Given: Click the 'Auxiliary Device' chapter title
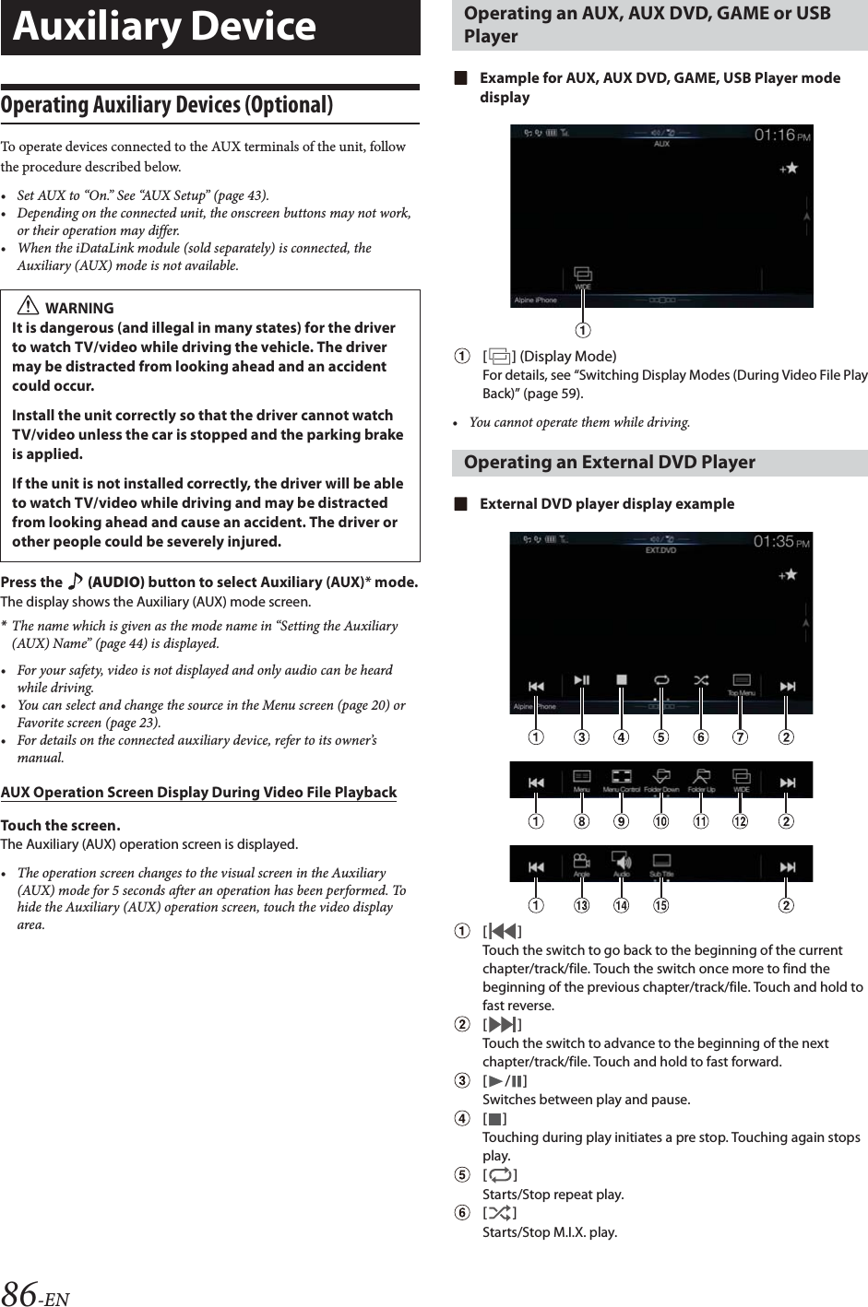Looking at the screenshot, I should point(164,27).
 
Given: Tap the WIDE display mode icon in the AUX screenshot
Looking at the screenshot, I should point(583,277).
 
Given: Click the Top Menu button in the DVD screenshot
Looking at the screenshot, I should point(741,684).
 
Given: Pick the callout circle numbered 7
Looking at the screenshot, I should point(740,736).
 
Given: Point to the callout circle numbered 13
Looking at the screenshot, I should point(581,905).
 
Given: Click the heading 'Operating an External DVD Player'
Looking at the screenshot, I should point(609,462).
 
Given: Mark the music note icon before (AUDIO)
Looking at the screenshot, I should point(75,582).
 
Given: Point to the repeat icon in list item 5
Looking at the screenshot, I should point(499,1175).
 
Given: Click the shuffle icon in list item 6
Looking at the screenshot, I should point(499,1213).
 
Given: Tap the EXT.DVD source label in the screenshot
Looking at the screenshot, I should point(660,550).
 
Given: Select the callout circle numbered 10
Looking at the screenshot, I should point(660,820).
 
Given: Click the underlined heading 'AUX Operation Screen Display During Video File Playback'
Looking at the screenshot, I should point(198,792).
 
